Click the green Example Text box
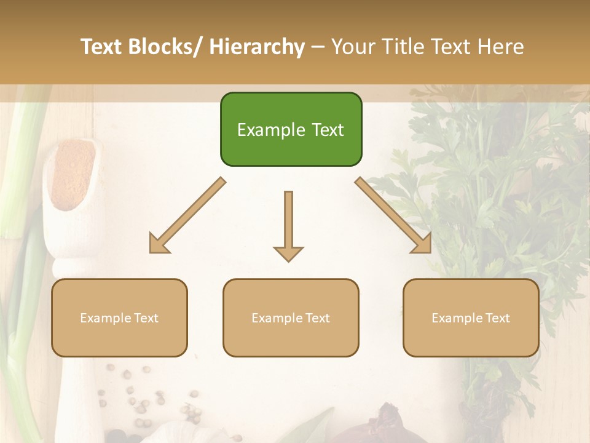[x=291, y=129]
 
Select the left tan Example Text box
[x=119, y=317]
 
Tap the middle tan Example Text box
[x=291, y=317]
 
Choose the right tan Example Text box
[x=471, y=317]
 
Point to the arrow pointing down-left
[x=187, y=215]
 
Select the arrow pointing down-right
[x=393, y=215]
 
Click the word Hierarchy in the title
[x=257, y=47]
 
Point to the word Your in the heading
[x=352, y=47]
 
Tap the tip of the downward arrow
[x=288, y=259]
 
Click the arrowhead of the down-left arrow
[x=157, y=246]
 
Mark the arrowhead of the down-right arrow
[x=424, y=246]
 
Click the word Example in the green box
[x=264, y=130]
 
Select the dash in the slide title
[x=318, y=47]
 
